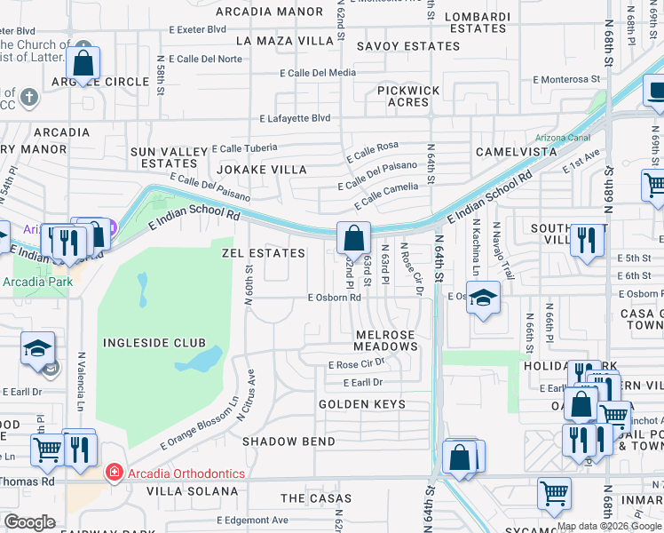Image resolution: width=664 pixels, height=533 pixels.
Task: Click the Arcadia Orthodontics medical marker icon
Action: tap(114, 472)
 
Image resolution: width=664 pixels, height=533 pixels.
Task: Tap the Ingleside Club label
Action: tap(154, 343)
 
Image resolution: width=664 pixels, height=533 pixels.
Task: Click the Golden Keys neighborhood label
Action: tap(362, 404)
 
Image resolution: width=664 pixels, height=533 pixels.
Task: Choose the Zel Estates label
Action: tap(263, 253)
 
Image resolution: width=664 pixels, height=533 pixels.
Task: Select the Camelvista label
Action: tap(516, 152)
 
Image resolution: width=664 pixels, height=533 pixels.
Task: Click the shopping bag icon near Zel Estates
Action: tap(353, 238)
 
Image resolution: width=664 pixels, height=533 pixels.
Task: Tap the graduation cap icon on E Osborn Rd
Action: tap(484, 298)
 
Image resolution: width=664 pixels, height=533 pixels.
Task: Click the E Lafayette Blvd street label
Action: tap(295, 118)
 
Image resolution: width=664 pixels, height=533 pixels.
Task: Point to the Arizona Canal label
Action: tap(562, 138)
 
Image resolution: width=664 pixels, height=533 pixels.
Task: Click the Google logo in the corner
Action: tap(30, 522)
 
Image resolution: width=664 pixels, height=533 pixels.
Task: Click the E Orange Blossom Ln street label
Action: tap(199, 425)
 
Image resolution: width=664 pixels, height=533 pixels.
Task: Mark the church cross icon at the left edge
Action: tap(28, 97)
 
